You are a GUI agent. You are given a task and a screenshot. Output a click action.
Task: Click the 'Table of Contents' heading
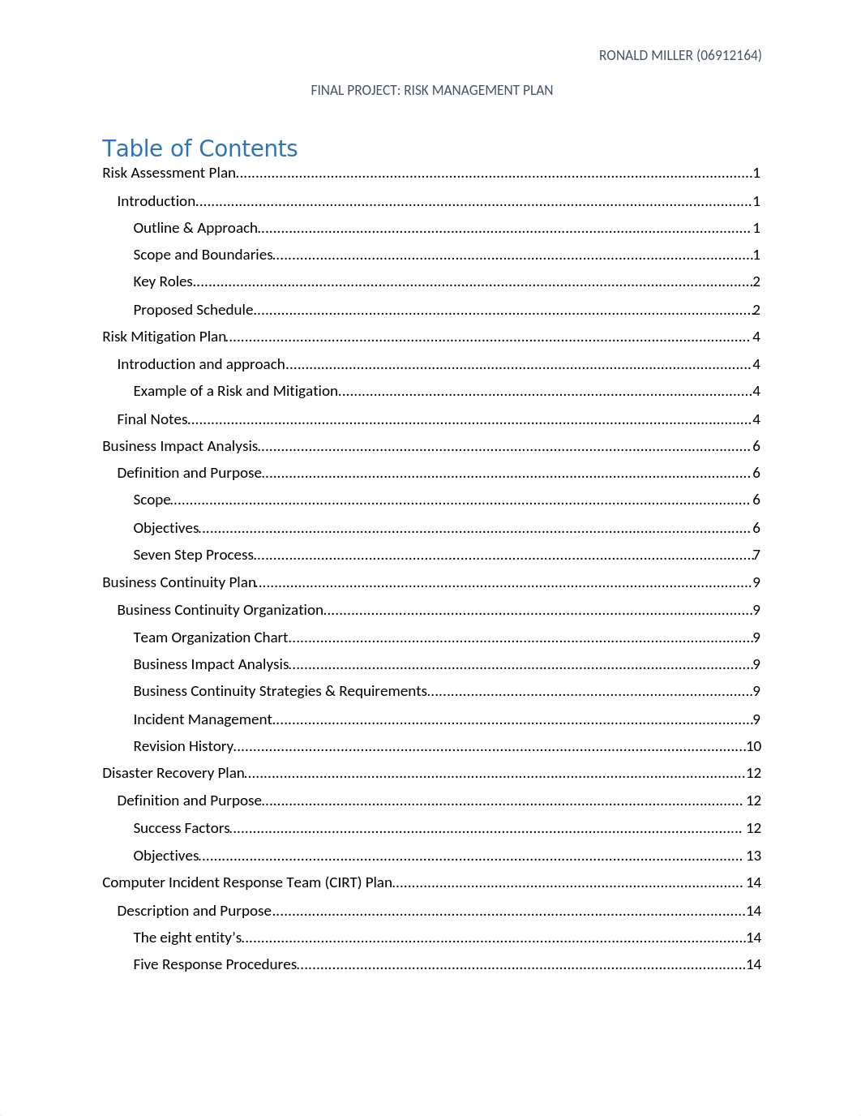[x=199, y=148]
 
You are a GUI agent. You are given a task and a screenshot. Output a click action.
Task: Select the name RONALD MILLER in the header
[x=645, y=55]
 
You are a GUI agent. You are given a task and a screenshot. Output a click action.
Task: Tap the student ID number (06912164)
[x=729, y=55]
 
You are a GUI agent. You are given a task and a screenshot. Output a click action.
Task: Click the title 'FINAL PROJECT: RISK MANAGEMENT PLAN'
[x=431, y=90]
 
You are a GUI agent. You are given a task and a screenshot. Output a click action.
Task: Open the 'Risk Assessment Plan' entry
[x=169, y=173]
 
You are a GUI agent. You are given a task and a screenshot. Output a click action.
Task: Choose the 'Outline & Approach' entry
[x=195, y=228]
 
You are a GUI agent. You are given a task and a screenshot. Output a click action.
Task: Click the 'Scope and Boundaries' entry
[x=203, y=255]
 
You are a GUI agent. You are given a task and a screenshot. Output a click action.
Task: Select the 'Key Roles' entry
[x=163, y=281]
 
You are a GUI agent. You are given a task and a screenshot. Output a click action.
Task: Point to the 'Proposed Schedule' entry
[x=193, y=310]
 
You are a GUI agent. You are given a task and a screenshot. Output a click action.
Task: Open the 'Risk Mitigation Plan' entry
[x=164, y=337]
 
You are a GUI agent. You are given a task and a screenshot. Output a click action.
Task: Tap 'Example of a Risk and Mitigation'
[x=235, y=391]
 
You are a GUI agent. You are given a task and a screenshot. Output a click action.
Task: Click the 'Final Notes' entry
[x=152, y=419]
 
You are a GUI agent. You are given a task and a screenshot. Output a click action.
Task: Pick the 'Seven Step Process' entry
[x=194, y=555]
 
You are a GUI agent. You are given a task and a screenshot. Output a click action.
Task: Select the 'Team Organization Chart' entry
[x=211, y=637]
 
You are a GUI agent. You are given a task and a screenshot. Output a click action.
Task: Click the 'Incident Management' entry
[x=203, y=719]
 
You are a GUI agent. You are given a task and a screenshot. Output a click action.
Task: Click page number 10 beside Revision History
[x=754, y=746]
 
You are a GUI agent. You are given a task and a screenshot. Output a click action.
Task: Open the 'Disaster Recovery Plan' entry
[x=173, y=773]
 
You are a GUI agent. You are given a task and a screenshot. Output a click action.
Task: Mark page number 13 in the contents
[x=754, y=856]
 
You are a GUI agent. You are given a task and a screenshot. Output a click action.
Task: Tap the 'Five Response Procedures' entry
[x=215, y=964]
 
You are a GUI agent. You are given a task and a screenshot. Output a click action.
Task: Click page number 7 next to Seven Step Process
[x=756, y=555]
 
